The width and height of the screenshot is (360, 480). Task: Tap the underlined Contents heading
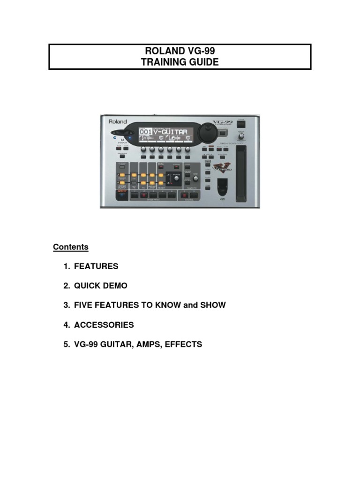pos(71,247)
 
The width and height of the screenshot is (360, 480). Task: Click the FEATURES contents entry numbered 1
pos(96,266)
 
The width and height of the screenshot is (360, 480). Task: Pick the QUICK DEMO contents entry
pos(100,285)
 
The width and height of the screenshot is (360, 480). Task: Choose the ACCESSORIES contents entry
pos(104,324)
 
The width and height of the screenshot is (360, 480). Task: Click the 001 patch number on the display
pos(145,132)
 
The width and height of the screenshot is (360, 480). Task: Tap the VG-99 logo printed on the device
pos(221,122)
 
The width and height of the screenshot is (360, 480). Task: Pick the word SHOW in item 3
pos(213,305)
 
